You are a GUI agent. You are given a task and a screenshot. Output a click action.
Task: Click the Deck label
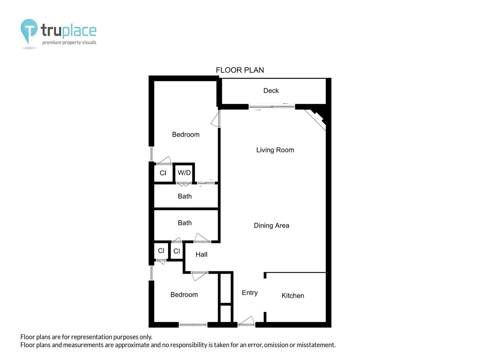(271, 90)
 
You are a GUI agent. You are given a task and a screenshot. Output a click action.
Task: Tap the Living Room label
(275, 150)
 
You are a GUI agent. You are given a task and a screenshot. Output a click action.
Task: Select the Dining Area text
(271, 225)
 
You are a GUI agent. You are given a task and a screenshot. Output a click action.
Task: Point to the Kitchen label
(293, 296)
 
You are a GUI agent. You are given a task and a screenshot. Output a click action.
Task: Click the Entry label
(250, 293)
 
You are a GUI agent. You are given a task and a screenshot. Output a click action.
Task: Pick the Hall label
(201, 254)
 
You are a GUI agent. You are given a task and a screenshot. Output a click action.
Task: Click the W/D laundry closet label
(184, 173)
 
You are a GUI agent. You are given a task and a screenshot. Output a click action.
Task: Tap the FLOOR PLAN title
(240, 70)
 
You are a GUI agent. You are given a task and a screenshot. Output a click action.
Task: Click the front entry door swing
(246, 321)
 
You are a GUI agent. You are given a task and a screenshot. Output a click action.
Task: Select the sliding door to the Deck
(272, 107)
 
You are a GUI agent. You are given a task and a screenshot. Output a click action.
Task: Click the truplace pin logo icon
(29, 31)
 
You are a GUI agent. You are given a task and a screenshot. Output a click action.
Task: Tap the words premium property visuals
(69, 42)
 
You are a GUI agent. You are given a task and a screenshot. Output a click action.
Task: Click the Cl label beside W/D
(163, 173)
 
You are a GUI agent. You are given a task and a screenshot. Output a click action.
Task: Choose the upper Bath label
(185, 196)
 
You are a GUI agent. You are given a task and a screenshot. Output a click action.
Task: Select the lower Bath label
(185, 223)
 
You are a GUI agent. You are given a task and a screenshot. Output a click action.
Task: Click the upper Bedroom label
(186, 134)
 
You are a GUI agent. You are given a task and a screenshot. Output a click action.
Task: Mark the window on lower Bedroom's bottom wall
(193, 325)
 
